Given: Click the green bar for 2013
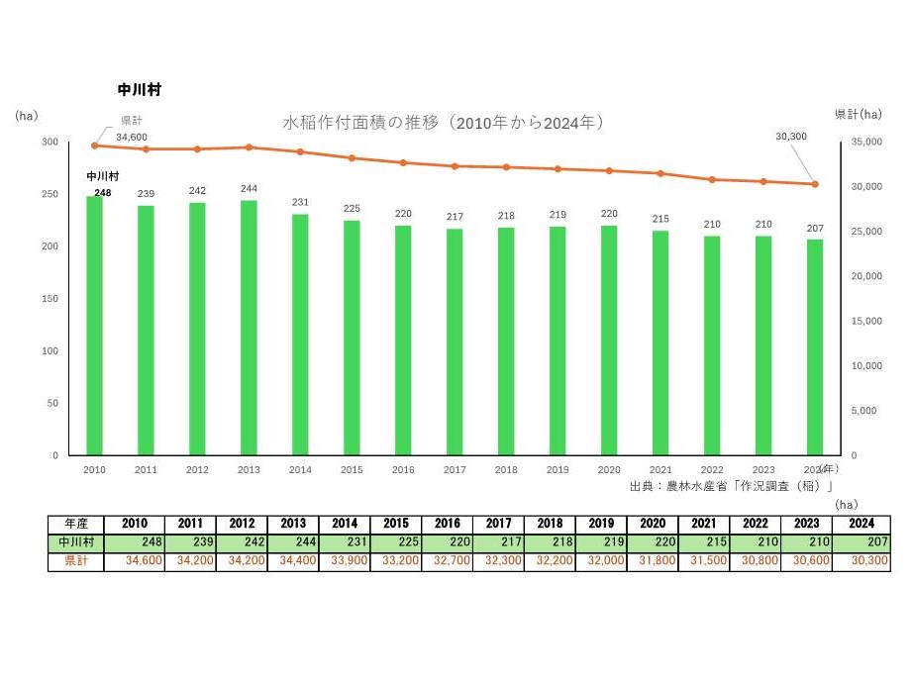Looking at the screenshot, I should (249, 328).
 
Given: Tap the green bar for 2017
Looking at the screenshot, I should (455, 342).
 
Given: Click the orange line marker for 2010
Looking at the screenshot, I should (95, 146).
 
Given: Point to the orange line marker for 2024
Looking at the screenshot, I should (815, 184).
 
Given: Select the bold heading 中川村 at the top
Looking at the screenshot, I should (140, 89).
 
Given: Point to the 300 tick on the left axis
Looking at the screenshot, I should (50, 142).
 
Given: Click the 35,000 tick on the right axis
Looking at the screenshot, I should (866, 143).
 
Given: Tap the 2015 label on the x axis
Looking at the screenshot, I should (352, 469).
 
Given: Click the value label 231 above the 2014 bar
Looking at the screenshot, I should (300, 203).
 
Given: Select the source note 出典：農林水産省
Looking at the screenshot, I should (731, 486).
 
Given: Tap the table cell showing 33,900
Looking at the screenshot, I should (344, 561).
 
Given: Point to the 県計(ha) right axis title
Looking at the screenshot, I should (858, 115).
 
